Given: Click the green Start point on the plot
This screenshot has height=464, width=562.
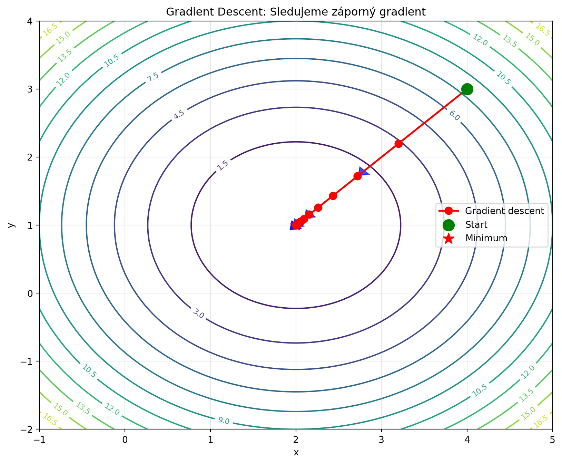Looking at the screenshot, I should pyautogui.click(x=467, y=89).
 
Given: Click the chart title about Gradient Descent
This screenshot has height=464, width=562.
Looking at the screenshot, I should pyautogui.click(x=296, y=12).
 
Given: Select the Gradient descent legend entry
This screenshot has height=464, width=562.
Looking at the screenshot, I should pyautogui.click(x=504, y=211).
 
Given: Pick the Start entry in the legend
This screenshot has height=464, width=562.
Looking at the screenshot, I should pyautogui.click(x=476, y=225).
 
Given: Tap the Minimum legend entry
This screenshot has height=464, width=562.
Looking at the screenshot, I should pyautogui.click(x=486, y=238).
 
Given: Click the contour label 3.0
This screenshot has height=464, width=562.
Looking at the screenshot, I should pyautogui.click(x=199, y=314).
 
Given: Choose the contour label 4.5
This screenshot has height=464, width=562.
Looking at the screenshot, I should pyautogui.click(x=179, y=114).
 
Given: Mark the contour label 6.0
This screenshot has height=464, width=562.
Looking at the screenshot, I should pyautogui.click(x=454, y=116).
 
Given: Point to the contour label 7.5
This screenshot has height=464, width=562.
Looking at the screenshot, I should pyautogui.click(x=153, y=77).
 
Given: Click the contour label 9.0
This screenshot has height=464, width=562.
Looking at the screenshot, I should pyautogui.click(x=224, y=420).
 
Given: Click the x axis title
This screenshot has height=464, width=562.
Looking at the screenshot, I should pyautogui.click(x=296, y=452).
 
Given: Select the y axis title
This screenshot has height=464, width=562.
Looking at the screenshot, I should pyautogui.click(x=11, y=225).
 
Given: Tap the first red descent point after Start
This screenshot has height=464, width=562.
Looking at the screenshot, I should pyautogui.click(x=398, y=144).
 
